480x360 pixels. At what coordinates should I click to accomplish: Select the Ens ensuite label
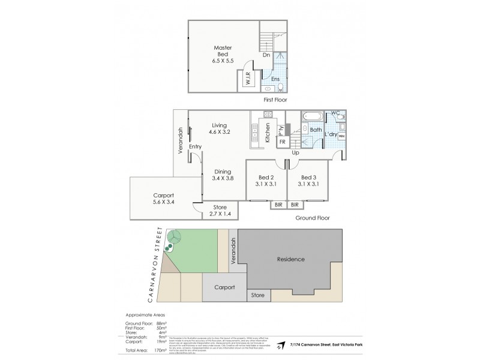275,79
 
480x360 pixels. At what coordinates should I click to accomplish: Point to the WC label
336,113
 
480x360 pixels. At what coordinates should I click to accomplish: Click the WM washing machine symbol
341,137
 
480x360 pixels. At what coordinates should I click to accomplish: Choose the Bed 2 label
266,181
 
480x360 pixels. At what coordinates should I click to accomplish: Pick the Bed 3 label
309,181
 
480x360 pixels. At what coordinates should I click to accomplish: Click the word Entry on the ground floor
195,147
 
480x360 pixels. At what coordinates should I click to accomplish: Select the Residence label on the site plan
290,259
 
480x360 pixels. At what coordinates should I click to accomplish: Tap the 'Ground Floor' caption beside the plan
313,218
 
